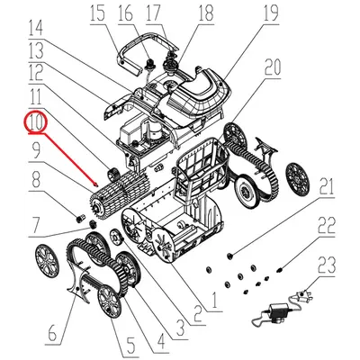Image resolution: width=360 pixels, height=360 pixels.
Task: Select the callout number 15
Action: (x=96, y=13)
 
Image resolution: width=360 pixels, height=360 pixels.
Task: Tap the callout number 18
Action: (x=205, y=13)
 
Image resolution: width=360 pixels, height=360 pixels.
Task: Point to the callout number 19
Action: (x=270, y=13)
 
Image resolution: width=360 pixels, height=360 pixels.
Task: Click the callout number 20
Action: (x=273, y=66)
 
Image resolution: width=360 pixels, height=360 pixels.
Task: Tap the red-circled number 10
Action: (x=35, y=120)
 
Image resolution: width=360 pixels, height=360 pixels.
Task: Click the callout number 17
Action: (x=153, y=13)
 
